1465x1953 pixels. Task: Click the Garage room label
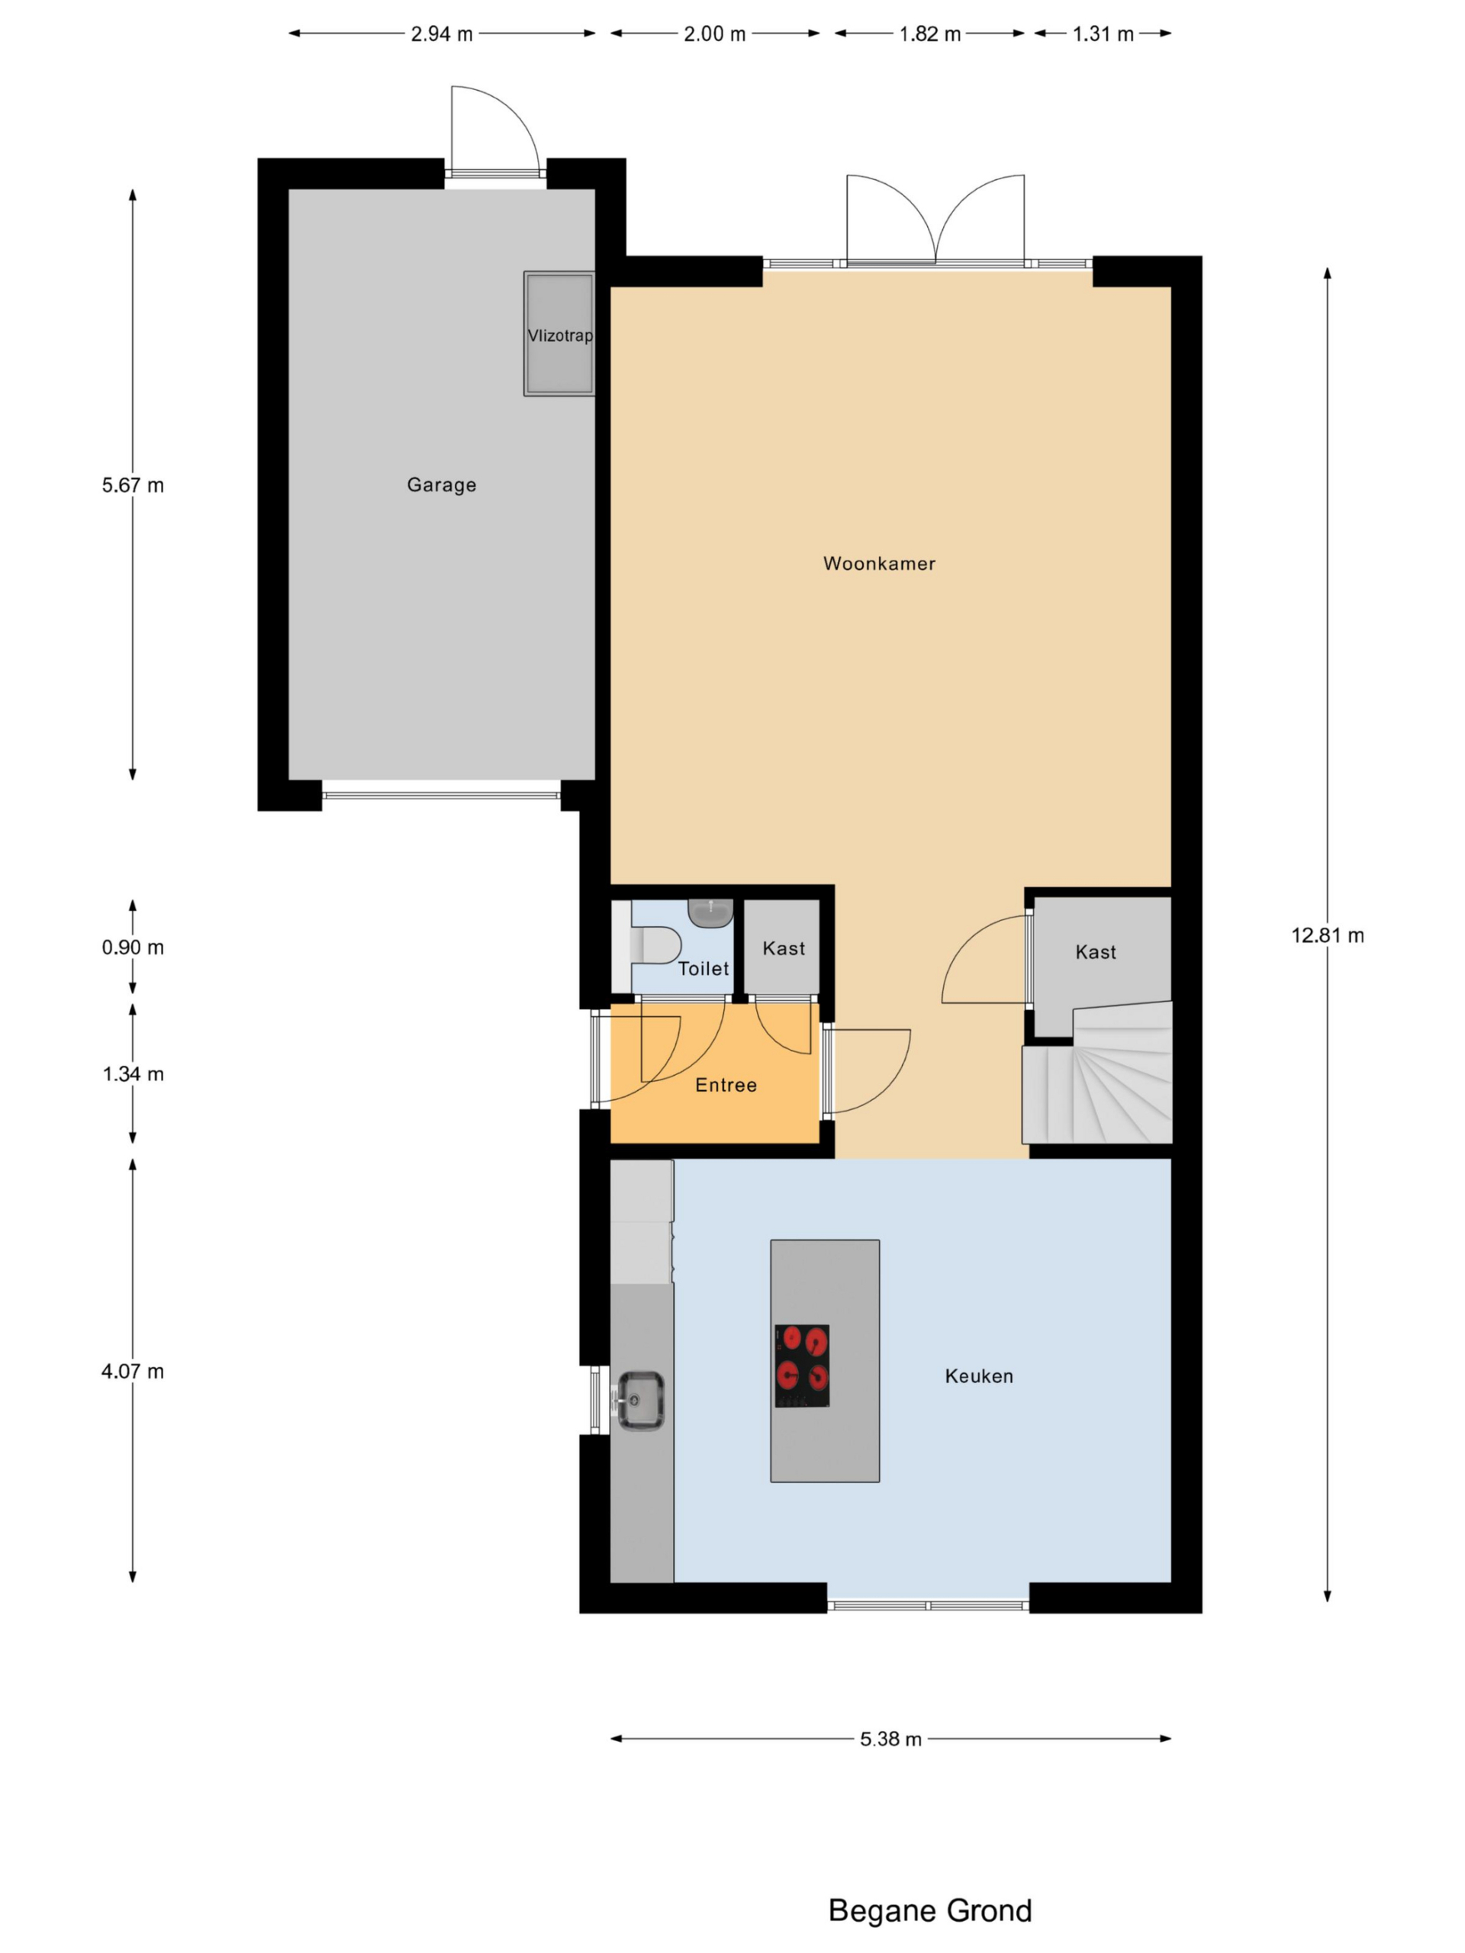click(442, 484)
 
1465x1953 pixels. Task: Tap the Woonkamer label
click(879, 563)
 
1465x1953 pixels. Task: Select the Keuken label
click(978, 1375)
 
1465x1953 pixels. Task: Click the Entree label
click(726, 1085)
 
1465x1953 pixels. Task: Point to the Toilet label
click(703, 969)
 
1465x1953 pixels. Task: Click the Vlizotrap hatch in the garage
click(559, 333)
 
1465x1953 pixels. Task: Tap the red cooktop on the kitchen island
click(802, 1365)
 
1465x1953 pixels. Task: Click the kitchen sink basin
click(640, 1399)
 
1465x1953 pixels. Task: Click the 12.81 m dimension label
click(1327, 935)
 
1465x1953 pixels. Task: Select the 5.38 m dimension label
click(891, 1739)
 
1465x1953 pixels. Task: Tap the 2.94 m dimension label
click(442, 34)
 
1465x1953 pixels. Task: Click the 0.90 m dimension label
click(133, 948)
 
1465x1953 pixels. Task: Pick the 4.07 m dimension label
click(133, 1371)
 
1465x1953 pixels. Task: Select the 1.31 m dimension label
click(1103, 34)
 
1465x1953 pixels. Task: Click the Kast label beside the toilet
click(784, 948)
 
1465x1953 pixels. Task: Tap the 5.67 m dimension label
click(133, 484)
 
